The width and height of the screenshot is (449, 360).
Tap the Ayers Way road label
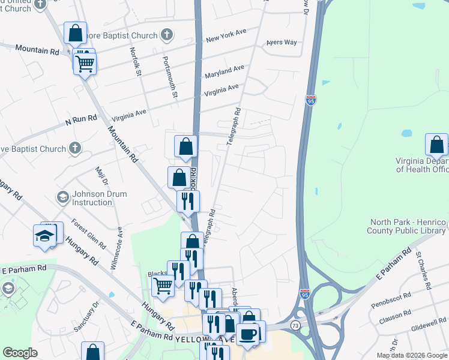pyautogui.click(x=282, y=43)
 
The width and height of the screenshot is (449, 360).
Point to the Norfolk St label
pyautogui.click(x=134, y=62)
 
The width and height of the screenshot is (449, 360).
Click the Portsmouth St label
pyautogui.click(x=170, y=77)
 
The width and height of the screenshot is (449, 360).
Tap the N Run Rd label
pyautogui.click(x=81, y=119)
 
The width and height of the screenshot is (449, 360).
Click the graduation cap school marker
pyautogui.click(x=44, y=236)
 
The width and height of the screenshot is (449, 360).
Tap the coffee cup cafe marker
pyautogui.click(x=247, y=334)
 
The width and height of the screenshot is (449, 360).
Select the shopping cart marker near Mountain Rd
pyautogui.click(x=85, y=62)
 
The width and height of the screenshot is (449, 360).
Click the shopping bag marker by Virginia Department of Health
pyautogui.click(x=436, y=145)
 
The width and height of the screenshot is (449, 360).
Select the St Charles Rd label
pyautogui.click(x=423, y=271)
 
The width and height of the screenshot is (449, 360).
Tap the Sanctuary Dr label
pyautogui.click(x=86, y=319)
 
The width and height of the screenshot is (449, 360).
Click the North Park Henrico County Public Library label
pyautogui.click(x=408, y=226)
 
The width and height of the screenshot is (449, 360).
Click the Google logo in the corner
pyautogui.click(x=20, y=353)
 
